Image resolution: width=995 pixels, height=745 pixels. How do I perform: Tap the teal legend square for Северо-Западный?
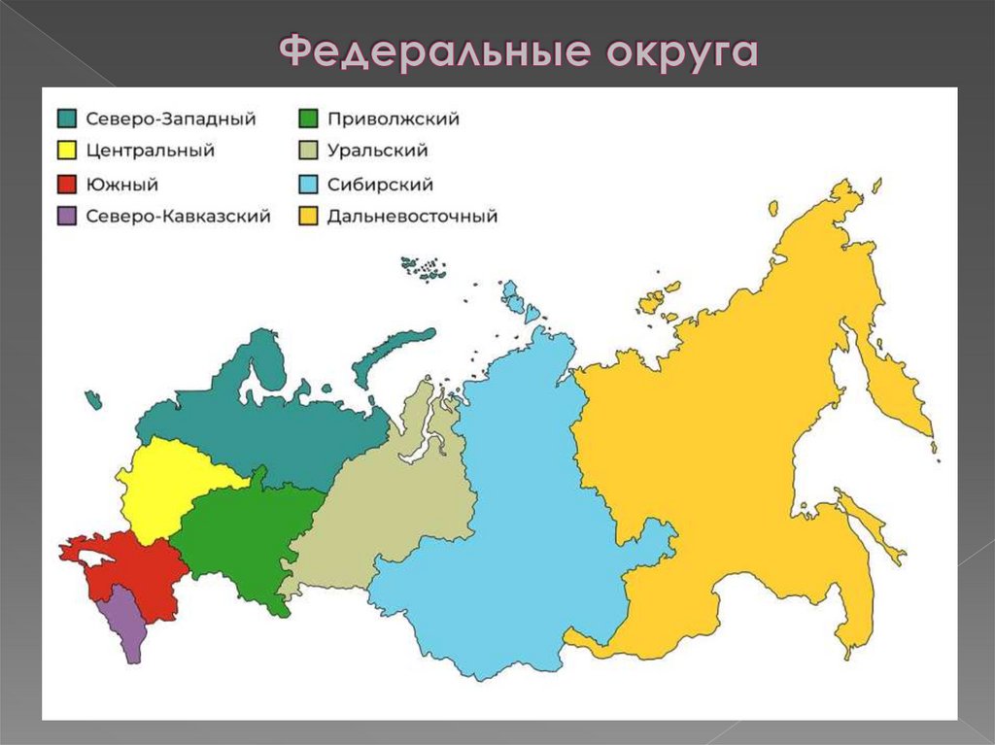66,119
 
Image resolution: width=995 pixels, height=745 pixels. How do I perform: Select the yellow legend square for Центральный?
66,152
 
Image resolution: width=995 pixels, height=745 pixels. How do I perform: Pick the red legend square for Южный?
66,185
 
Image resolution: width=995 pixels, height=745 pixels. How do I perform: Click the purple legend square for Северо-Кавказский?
66,217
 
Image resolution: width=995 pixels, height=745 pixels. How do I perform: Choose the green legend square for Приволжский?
307,119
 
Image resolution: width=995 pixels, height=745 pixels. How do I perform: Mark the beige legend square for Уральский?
307,152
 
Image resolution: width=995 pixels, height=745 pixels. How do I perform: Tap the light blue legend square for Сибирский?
307,185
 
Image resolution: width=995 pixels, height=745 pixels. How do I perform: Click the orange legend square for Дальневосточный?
307,217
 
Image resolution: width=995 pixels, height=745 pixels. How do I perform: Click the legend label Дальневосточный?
412,217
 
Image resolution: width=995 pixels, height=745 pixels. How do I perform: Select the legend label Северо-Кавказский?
178,217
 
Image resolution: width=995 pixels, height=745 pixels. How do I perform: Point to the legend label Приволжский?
393,119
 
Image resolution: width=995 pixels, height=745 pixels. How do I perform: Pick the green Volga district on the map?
243,534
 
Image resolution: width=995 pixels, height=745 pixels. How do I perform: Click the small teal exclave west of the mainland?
93,398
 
